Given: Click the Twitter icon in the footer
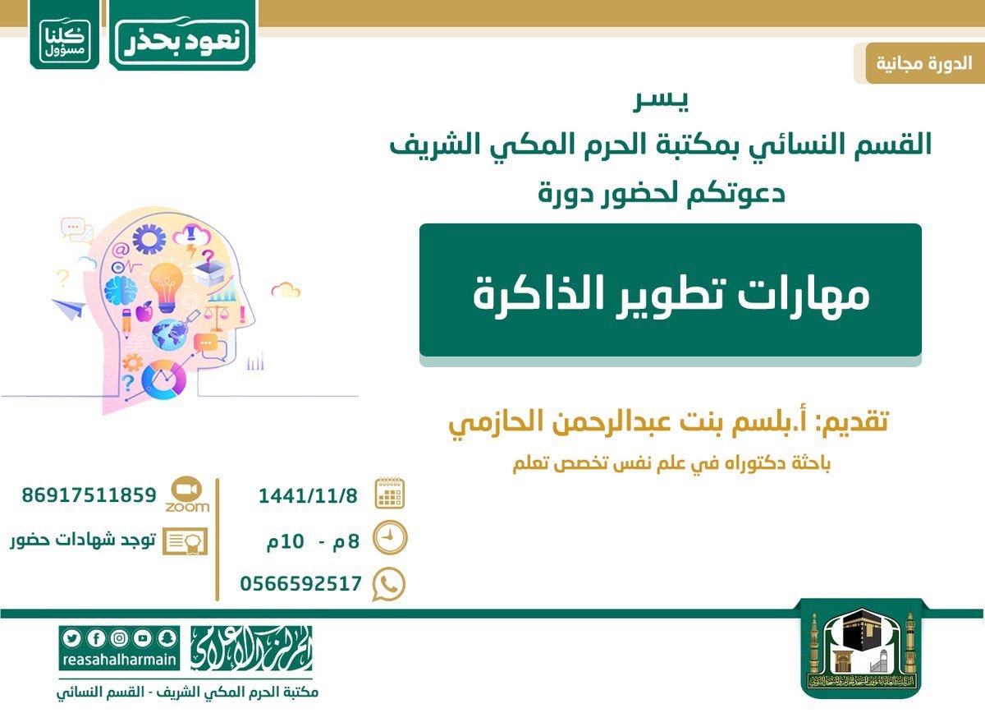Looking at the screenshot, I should point(71,638).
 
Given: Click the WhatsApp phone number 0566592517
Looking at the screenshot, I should point(300,584).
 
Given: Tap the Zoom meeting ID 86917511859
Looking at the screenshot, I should point(89,495).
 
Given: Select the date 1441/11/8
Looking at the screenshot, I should point(308,496).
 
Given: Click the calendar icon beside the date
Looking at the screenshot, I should point(390,494).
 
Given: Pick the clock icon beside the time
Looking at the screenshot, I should point(390,539).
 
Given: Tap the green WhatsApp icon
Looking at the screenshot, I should point(389,585).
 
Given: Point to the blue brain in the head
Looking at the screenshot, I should point(121,291).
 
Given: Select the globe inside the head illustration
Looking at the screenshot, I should point(169,335).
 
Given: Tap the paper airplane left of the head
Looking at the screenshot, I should point(69,308).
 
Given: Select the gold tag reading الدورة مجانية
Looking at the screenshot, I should point(924,63).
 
